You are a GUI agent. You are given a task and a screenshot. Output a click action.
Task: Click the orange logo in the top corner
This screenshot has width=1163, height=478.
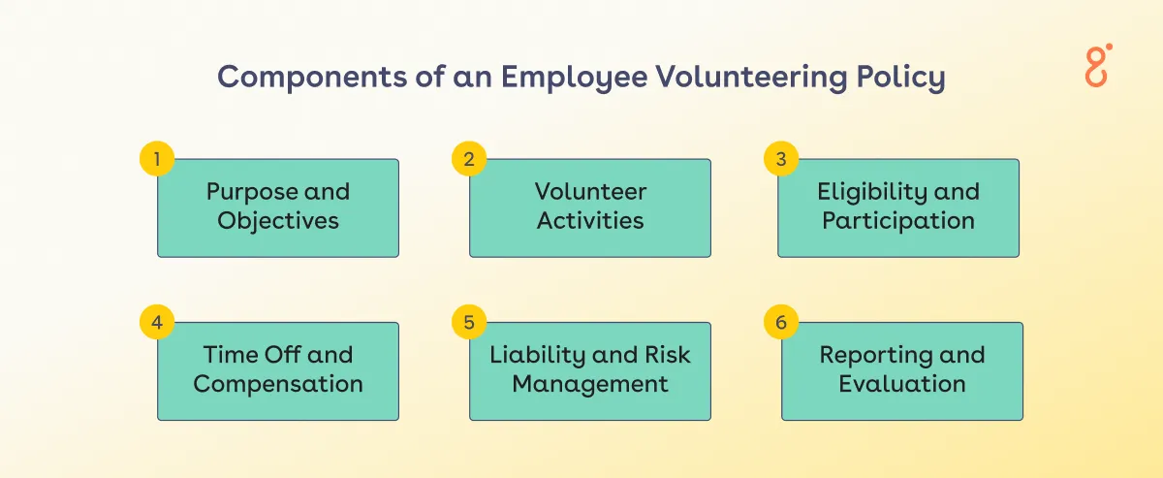[1098, 65]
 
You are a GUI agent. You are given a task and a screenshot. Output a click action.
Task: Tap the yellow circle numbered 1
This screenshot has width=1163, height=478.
[156, 159]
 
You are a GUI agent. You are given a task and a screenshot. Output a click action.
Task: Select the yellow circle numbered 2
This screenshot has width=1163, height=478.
[468, 159]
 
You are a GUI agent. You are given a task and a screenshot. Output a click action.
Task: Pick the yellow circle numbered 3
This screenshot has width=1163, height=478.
[780, 159]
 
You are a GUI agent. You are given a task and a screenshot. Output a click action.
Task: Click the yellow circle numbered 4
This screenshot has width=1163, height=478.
[156, 322]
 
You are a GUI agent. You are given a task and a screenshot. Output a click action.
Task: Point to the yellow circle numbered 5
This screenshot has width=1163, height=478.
[468, 322]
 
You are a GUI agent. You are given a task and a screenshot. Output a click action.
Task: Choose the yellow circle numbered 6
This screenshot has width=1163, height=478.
[780, 322]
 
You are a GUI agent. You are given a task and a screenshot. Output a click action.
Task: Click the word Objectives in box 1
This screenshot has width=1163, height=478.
[278, 221]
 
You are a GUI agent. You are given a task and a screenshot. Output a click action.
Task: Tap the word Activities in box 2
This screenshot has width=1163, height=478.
[590, 221]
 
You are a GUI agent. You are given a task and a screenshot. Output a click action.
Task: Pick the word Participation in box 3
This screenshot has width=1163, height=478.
[898, 221]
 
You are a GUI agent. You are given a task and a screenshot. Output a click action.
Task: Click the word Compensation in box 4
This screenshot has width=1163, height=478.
[278, 384]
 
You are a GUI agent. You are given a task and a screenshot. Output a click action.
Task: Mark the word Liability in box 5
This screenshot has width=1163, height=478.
[537, 355]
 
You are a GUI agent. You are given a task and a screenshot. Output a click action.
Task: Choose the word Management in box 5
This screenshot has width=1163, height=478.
[590, 384]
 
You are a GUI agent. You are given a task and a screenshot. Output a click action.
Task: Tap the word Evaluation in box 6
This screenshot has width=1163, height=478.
[902, 384]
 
